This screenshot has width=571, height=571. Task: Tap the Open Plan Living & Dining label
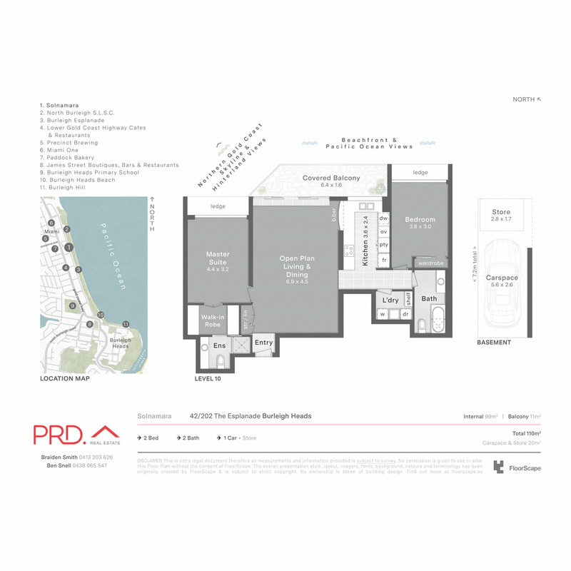297,266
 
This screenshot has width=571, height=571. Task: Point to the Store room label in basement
501,212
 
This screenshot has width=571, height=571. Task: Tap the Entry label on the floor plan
263,343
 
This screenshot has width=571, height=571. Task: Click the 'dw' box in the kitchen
383,218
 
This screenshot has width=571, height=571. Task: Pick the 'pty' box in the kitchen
383,245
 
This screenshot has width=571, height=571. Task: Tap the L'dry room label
390,300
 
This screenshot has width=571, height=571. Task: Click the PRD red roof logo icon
106,433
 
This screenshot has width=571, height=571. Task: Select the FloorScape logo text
525,469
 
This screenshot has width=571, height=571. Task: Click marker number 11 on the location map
126,324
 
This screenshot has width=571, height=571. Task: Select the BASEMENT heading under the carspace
494,343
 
